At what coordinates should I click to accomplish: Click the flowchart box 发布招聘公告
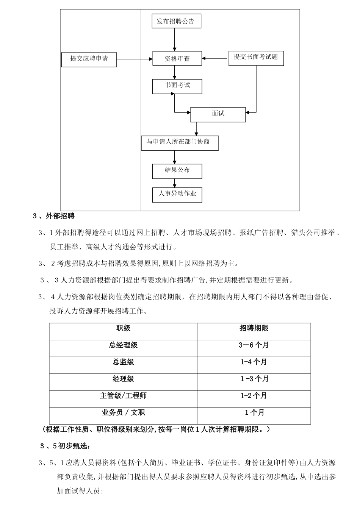pos(176,21)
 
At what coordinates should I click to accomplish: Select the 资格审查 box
pos(177,59)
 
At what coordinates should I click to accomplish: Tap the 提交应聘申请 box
pos(89,59)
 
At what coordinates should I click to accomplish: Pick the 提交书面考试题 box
pos(256,58)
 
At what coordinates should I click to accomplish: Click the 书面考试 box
pos(177,86)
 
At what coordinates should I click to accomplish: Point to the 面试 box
pos(218,114)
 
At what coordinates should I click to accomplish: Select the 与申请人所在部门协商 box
pos(180,143)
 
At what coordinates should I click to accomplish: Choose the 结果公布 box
pos(177,171)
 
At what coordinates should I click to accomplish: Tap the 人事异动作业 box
pos(177,194)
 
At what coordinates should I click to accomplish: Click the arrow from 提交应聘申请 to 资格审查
pos(134,59)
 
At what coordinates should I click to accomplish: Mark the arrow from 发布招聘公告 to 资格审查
pos(175,39)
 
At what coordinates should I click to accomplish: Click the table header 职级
pos(123,328)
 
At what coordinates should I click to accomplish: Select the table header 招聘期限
pos(254,328)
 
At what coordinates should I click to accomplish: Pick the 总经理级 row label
pos(123,345)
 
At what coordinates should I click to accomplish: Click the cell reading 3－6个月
pos(254,345)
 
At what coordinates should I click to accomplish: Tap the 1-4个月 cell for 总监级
pos(254,362)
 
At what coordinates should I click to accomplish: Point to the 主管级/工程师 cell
pos(123,396)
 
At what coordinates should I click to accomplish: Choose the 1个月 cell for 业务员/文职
pos(254,412)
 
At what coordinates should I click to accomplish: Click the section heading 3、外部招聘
pos(54,216)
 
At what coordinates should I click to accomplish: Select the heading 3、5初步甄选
pos(65,446)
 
